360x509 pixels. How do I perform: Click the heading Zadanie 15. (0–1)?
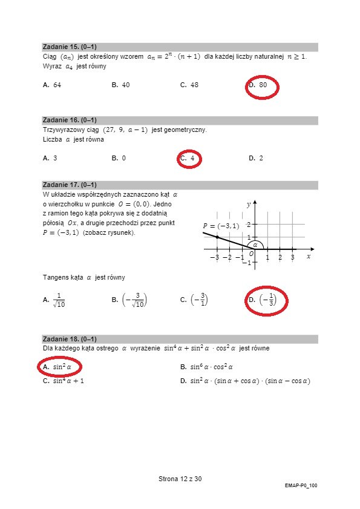pyautogui.click(x=70, y=47)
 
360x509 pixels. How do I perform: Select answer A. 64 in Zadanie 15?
pyautogui.click(x=52, y=85)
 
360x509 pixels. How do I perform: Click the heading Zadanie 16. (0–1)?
pyautogui.click(x=70, y=120)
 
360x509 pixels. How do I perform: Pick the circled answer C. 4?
pyautogui.click(x=189, y=159)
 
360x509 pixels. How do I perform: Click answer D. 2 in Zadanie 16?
pyautogui.click(x=256, y=158)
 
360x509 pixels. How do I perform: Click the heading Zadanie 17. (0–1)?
pyautogui.click(x=70, y=185)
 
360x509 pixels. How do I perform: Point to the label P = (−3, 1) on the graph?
pyautogui.click(x=221, y=226)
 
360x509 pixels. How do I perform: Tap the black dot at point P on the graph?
pyautogui.click(x=217, y=237)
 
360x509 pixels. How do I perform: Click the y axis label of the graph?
pyautogui.click(x=249, y=205)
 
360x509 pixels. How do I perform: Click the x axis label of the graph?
pyautogui.click(x=309, y=256)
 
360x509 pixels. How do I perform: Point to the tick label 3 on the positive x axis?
pyautogui.click(x=292, y=258)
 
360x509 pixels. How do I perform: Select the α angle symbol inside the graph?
pyautogui.click(x=255, y=245)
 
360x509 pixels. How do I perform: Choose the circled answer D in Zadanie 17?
pyautogui.click(x=266, y=299)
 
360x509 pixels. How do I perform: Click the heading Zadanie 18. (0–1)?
pyautogui.click(x=70, y=339)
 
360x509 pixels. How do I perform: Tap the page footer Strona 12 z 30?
pyautogui.click(x=180, y=479)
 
